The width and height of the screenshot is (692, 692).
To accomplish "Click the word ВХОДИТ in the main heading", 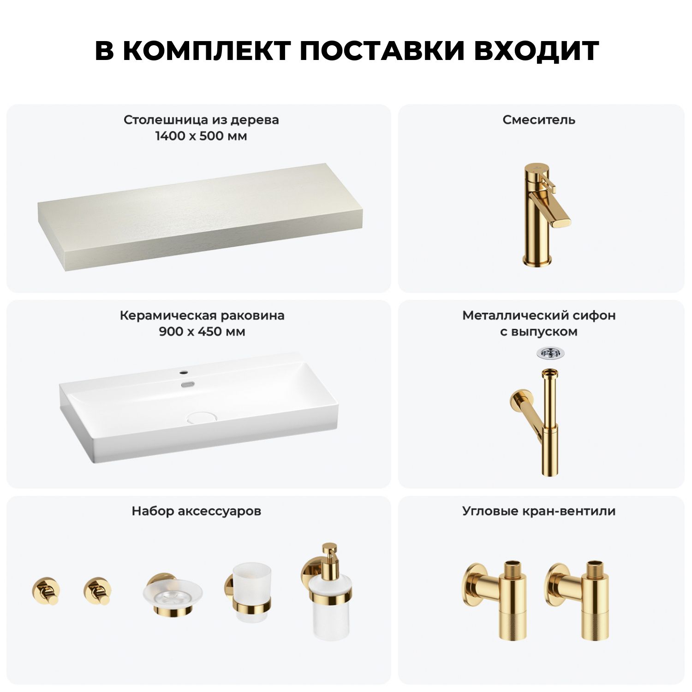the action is (x=536, y=51).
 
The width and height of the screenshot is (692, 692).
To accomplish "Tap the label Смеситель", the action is (x=539, y=120).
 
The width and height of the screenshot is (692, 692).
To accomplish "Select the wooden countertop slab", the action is (x=200, y=217).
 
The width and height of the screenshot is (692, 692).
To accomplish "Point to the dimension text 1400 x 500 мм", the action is (x=201, y=136).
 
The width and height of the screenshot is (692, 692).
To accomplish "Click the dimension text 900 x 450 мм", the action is (x=202, y=332).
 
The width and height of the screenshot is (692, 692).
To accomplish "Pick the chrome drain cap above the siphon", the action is (x=550, y=353).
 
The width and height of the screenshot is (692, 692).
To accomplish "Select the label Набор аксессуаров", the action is (x=197, y=511).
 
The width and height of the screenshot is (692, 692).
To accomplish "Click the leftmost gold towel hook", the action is (x=46, y=590).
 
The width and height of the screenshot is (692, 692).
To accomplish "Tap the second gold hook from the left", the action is (x=97, y=590).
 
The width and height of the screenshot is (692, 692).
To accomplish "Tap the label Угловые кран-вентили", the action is (x=539, y=511).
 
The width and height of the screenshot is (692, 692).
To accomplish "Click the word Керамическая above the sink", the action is (x=168, y=316).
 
